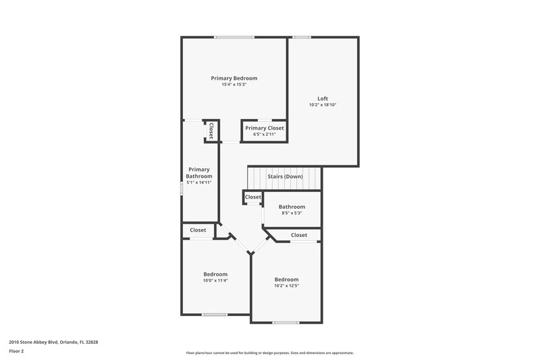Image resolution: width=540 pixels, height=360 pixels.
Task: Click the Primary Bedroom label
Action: tap(234, 78)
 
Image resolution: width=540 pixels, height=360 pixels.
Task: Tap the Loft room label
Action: tap(323, 99)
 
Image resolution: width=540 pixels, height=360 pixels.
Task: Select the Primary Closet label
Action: tap(265, 128)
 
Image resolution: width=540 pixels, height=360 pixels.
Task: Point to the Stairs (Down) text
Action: tap(285, 176)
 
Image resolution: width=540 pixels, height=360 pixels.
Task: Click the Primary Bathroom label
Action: tap(199, 173)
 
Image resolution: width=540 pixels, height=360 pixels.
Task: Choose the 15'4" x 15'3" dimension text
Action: tap(234, 84)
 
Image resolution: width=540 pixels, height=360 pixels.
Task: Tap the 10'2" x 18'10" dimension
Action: tap(323, 105)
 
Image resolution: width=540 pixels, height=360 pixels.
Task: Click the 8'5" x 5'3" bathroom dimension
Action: tap(292, 213)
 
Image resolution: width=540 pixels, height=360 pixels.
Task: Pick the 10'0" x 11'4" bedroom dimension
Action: tap(215, 280)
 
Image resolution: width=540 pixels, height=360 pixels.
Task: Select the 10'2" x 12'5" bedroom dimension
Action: tap(286, 286)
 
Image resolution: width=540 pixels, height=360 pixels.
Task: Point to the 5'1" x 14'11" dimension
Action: tap(199, 182)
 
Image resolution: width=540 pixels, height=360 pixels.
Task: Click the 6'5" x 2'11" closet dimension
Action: tap(265, 134)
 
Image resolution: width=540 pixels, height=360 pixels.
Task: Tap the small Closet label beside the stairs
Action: tap(252, 197)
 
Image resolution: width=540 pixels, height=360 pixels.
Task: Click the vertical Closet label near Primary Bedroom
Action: tap(211, 130)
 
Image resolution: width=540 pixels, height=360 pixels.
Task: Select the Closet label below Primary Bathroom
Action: tap(198, 230)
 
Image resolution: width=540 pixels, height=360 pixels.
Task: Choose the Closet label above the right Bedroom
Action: tap(298, 235)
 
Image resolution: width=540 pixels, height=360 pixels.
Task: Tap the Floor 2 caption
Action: tap(16, 351)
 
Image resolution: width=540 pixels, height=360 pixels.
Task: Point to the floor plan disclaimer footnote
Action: tap(269, 353)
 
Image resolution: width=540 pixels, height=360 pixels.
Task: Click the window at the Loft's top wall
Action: tap(301, 36)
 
